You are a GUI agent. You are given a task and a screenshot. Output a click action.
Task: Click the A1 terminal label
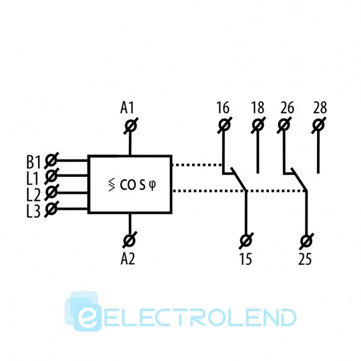click(127, 108)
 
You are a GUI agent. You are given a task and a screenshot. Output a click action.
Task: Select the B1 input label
click(33, 162)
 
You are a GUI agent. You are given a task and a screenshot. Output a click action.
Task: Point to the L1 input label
click(33, 177)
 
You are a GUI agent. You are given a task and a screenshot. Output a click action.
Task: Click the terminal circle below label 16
click(224, 126)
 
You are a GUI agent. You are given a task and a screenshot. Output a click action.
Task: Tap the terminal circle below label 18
click(258, 126)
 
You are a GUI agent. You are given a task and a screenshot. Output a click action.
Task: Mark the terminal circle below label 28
click(319, 126)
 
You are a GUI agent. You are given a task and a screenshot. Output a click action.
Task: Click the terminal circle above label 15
click(246, 240)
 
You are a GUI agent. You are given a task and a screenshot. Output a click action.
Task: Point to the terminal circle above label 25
click(306, 240)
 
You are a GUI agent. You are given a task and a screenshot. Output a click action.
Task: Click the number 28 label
click(320, 108)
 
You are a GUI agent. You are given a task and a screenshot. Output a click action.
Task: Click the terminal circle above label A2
click(129, 240)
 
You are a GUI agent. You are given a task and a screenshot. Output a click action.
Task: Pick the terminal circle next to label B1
click(52, 161)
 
